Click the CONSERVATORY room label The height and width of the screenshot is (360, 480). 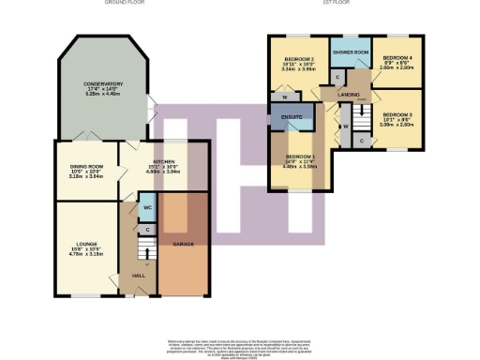102,85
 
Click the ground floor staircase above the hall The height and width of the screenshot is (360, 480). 142,250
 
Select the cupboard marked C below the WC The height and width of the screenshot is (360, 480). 148,229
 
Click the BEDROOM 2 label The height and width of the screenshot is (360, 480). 297,59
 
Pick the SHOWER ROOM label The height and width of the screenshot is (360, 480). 350,52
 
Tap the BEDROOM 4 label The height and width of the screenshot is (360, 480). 398,59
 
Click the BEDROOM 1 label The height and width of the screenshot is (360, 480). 298,156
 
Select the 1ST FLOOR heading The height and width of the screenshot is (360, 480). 335,4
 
